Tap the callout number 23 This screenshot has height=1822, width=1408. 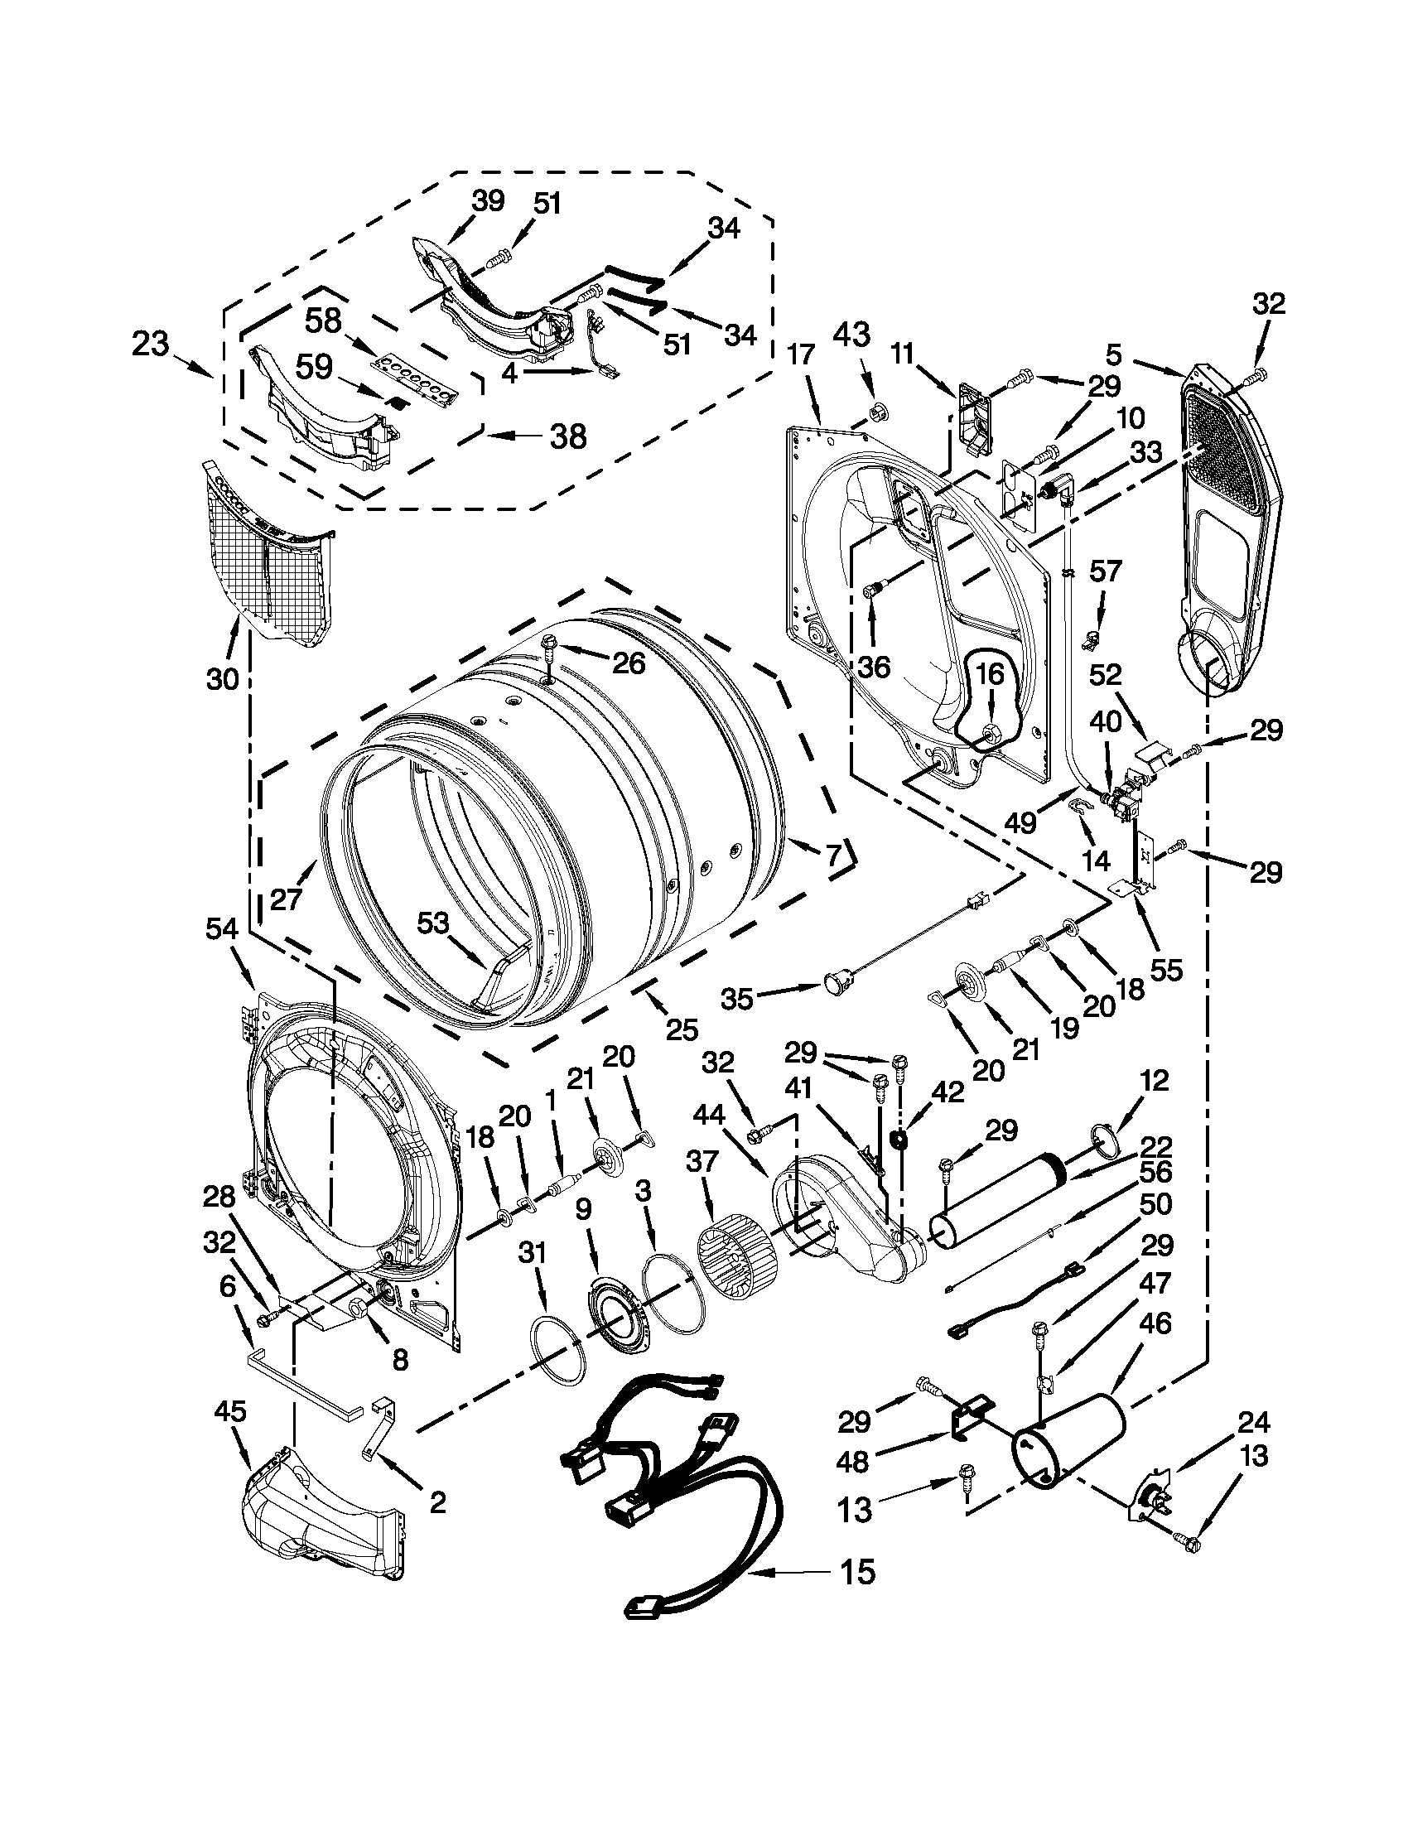(x=151, y=344)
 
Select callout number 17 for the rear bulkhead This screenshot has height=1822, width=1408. (x=801, y=356)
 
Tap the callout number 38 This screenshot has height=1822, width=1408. (x=568, y=436)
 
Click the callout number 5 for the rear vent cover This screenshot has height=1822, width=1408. (x=1114, y=356)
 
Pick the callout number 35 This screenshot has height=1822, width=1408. (x=737, y=998)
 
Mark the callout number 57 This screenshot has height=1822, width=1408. (x=1105, y=572)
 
